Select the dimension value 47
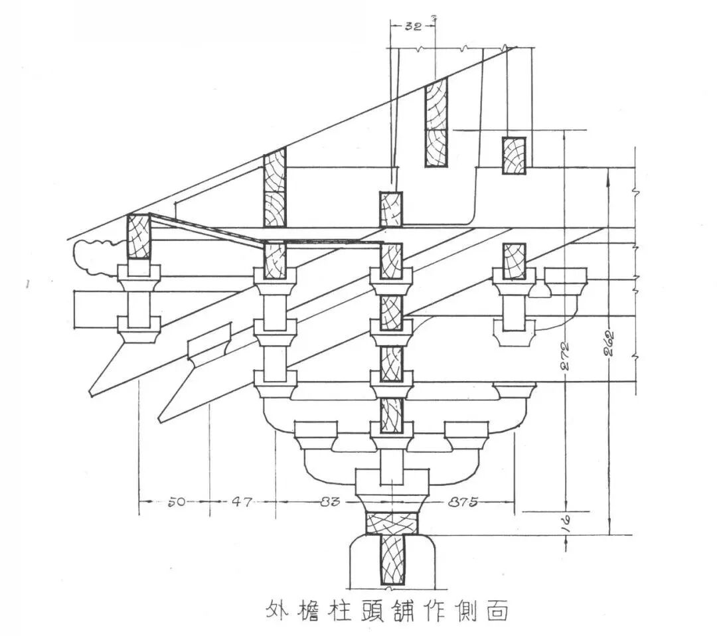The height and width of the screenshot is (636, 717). pos(242,503)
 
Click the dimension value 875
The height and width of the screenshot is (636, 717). pos(463,503)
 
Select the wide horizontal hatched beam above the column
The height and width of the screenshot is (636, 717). pos(392,523)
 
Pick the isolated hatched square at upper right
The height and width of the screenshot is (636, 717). pos(514,155)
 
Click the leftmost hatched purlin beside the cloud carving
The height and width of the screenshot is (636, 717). pos(139,237)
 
